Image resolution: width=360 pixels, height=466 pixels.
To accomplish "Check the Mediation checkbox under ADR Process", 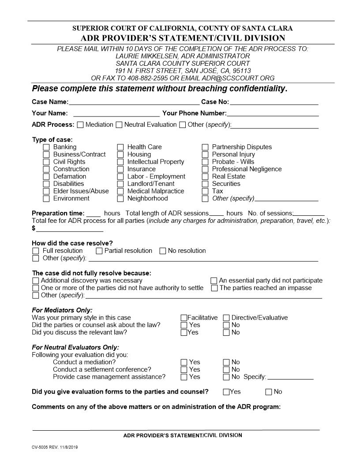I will [x=80, y=125].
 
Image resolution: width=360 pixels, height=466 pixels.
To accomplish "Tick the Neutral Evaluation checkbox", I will [x=119, y=125].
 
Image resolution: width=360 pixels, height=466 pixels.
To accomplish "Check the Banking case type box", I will [x=46, y=147].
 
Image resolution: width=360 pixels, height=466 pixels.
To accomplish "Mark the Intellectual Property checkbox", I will [x=120, y=162].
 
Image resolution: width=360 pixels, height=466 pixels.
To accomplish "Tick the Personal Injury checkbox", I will [x=205, y=154].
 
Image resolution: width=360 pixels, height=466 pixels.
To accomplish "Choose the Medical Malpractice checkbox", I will [x=120, y=192].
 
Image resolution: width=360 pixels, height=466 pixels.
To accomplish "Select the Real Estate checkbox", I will [x=205, y=177].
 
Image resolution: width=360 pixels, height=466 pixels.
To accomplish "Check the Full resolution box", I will [x=36, y=251].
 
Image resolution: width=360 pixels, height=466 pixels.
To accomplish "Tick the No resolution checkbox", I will [x=162, y=251].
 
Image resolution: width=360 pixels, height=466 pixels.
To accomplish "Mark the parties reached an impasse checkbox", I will [x=214, y=288].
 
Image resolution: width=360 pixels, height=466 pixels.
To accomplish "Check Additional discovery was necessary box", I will [x=36, y=281].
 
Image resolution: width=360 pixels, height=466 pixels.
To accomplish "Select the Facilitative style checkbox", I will [x=184, y=318].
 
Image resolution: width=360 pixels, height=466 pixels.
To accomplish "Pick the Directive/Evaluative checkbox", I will [x=226, y=318].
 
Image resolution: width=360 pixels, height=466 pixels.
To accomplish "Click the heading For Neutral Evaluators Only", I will [x=75, y=347].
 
